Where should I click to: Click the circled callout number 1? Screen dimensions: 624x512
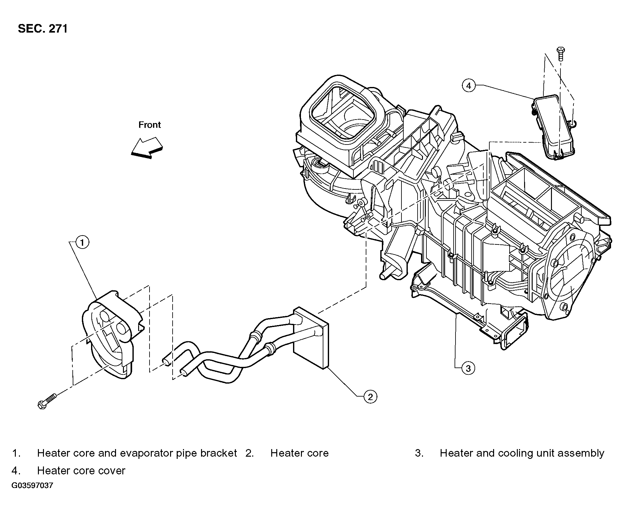(x=82, y=243)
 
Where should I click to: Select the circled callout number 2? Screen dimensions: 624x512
(x=370, y=396)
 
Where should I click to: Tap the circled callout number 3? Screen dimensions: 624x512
(x=468, y=368)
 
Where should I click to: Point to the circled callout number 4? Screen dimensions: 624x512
(x=468, y=85)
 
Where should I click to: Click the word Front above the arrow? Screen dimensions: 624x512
(x=150, y=125)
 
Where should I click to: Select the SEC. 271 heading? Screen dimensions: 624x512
(x=43, y=29)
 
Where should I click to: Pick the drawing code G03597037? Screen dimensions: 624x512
(x=32, y=485)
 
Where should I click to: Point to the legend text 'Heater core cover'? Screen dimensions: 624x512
(x=81, y=471)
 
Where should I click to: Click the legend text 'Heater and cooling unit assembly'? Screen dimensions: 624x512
(x=522, y=453)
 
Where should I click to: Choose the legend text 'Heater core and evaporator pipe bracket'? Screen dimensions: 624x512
(x=137, y=453)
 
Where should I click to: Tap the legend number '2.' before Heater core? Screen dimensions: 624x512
(x=250, y=453)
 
